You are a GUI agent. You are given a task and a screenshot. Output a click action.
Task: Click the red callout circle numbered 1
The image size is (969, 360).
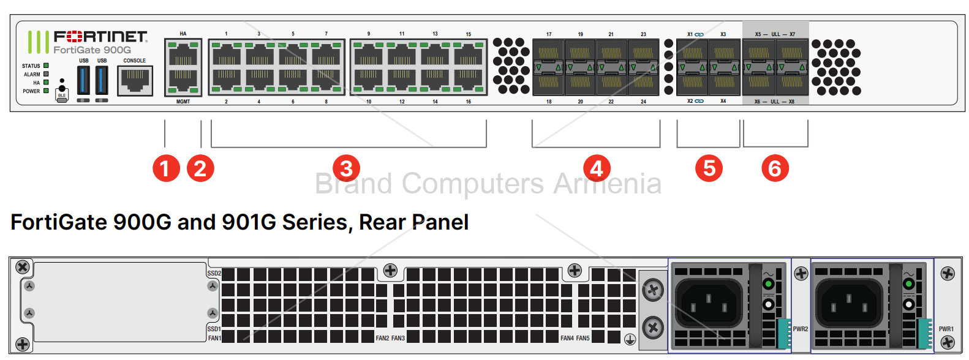[166, 168]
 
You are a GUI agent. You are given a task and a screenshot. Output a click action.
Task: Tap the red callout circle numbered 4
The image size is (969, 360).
[597, 168]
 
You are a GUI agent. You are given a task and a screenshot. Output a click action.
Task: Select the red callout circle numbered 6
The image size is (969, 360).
[775, 168]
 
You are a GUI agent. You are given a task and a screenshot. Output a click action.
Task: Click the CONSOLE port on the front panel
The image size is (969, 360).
[135, 80]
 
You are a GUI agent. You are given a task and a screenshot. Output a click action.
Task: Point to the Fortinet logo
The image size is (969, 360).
[100, 37]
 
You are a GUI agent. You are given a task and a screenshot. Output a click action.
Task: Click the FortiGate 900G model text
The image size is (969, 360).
[92, 50]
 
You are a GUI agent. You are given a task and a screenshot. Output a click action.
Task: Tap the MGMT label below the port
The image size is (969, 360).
[183, 102]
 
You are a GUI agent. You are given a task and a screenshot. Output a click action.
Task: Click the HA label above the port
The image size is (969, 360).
[183, 34]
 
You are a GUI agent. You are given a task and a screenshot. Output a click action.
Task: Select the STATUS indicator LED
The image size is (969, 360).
[46, 66]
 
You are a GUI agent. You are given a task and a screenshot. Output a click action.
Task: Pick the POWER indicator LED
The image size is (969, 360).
[46, 91]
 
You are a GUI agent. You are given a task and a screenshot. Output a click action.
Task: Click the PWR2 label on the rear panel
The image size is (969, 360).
[801, 329]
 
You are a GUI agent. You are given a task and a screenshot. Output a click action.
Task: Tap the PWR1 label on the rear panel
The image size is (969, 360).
[946, 329]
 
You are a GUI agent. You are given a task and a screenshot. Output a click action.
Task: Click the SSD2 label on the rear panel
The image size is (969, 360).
[214, 274]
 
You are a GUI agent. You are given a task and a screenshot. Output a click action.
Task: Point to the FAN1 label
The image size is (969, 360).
[214, 338]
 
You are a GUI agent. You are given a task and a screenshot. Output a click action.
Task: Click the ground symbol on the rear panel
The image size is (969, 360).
[630, 339]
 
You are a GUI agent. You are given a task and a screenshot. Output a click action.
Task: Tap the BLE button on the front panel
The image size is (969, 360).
[62, 95]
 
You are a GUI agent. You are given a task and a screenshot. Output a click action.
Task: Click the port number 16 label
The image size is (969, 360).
[469, 102]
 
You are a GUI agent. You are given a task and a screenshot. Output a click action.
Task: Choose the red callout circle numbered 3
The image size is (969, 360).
[346, 168]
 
